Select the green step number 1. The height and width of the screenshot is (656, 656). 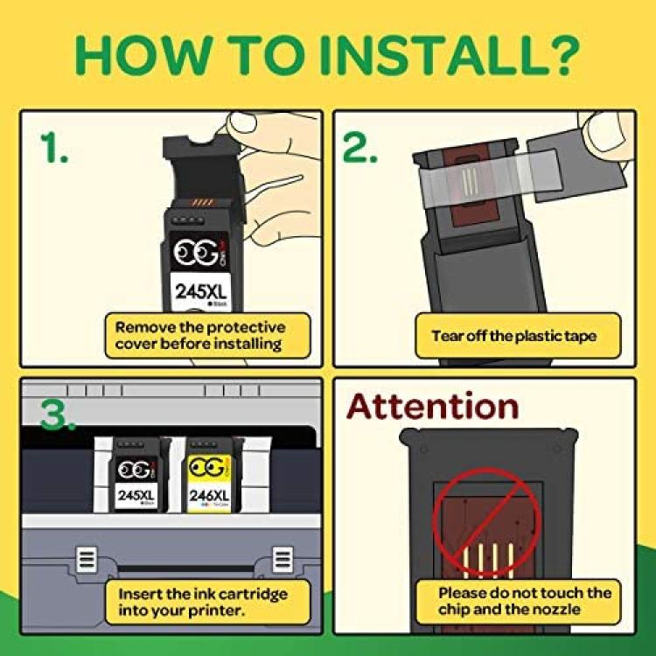(x=54, y=147)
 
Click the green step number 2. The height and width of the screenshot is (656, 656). (x=359, y=147)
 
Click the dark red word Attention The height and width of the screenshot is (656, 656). (x=433, y=406)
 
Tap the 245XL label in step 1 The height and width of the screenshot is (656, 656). (x=201, y=291)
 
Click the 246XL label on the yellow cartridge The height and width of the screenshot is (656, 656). (x=209, y=496)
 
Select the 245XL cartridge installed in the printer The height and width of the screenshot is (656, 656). (x=138, y=474)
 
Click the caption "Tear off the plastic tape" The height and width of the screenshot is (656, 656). (x=513, y=336)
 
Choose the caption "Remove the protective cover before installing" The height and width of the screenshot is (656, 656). (x=200, y=336)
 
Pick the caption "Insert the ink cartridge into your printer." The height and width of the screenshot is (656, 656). (x=203, y=602)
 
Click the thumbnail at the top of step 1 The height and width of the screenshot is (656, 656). (x=241, y=123)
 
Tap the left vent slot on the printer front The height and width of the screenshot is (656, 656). (x=87, y=560)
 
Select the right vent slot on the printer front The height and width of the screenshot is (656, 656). (x=283, y=560)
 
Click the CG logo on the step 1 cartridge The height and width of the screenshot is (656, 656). (x=198, y=251)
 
